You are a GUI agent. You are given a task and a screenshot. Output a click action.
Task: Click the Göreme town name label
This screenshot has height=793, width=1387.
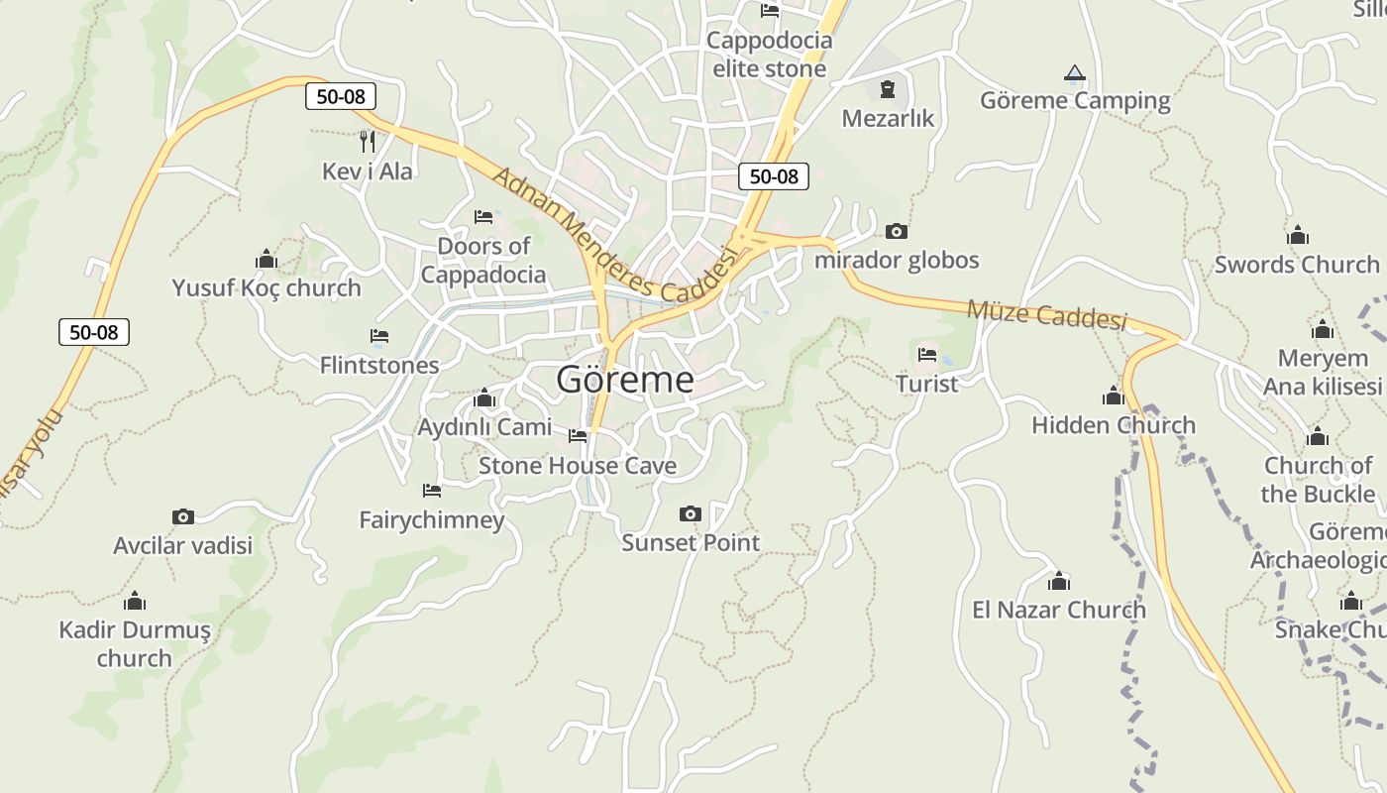[625, 380]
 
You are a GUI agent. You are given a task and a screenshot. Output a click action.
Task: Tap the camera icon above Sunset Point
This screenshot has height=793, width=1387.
[691, 513]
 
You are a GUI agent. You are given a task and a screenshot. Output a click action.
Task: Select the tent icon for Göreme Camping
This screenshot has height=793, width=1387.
[1075, 73]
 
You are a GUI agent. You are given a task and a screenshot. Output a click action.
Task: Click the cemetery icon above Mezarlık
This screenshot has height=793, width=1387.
[887, 90]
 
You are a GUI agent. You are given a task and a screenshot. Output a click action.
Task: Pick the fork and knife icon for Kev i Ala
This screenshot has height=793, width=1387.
[368, 142]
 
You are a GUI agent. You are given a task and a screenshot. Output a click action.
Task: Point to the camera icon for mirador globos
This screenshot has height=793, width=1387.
[896, 232]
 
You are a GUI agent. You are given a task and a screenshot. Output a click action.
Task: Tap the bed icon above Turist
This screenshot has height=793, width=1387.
[927, 354]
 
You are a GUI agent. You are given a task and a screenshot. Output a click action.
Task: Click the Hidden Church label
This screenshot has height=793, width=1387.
[1114, 425]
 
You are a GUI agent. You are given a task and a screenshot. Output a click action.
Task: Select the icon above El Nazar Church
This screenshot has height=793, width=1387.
[1059, 581]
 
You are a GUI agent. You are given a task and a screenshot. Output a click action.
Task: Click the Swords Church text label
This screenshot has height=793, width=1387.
[1297, 265]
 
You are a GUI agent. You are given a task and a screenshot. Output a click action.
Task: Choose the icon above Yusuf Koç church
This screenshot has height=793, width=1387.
[267, 260]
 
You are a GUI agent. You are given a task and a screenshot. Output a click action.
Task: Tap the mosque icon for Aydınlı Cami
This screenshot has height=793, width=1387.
[484, 398]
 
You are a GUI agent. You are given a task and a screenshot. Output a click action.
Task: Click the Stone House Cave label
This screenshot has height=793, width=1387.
[578, 466]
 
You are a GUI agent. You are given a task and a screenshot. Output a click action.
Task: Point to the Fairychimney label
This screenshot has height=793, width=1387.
[432, 519]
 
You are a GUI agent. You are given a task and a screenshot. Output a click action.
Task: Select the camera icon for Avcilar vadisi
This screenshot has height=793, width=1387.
[183, 516]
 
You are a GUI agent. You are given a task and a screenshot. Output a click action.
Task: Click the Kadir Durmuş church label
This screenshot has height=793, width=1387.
[135, 643]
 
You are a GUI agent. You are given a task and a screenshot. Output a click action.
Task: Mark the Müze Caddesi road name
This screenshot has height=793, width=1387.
[1047, 314]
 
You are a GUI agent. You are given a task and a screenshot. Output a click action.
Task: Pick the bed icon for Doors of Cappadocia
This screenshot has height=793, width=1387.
[483, 217]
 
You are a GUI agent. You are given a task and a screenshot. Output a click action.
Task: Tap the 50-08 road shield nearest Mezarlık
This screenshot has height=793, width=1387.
[774, 176]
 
